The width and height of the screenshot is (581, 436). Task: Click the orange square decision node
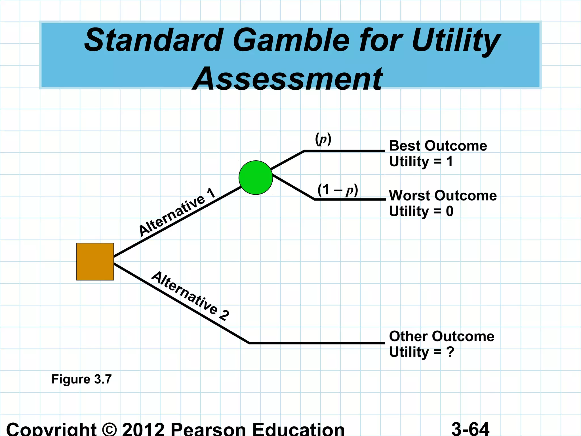(x=95, y=261)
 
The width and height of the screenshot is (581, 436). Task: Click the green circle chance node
(x=256, y=178)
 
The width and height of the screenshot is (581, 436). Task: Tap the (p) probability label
(x=323, y=139)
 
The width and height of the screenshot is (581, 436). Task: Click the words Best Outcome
(x=438, y=146)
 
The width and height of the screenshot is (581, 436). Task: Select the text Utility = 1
(x=421, y=162)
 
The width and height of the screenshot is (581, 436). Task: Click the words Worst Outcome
(x=443, y=196)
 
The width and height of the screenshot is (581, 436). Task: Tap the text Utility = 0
(x=421, y=211)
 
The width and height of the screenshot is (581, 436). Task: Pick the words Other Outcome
(x=441, y=336)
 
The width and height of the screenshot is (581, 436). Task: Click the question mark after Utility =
(x=450, y=352)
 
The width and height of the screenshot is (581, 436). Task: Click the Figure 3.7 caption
(x=81, y=379)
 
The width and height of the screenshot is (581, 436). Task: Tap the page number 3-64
(x=470, y=429)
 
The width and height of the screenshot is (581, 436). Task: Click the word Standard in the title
(x=153, y=40)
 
